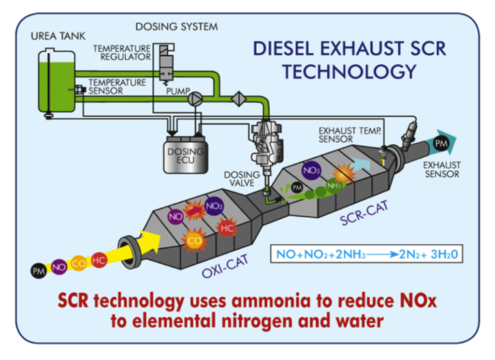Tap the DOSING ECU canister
[184, 155]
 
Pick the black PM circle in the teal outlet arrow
[440, 144]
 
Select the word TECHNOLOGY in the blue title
[349, 71]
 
